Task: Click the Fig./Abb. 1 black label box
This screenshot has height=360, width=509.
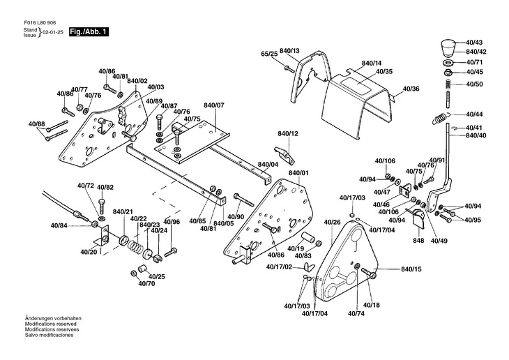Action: [88, 33]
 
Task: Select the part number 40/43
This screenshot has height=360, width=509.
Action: [475, 43]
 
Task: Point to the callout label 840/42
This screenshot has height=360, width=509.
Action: [476, 52]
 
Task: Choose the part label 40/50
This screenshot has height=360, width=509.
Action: [475, 84]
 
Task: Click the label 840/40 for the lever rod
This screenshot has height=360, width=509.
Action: [476, 135]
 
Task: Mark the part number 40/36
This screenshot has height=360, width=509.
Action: [411, 89]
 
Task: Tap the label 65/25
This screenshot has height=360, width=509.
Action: [270, 54]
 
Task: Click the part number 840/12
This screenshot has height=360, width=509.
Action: [287, 133]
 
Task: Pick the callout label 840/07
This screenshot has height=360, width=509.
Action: [214, 105]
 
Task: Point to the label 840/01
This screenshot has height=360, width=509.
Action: [298, 172]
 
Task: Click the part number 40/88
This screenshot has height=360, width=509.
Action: [36, 124]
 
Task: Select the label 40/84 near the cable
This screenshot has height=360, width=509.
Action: [59, 225]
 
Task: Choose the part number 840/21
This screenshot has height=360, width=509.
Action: [123, 211]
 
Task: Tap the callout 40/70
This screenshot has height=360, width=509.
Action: [146, 284]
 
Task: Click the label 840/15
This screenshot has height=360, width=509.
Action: [411, 269]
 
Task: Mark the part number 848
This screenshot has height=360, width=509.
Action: [418, 241]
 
